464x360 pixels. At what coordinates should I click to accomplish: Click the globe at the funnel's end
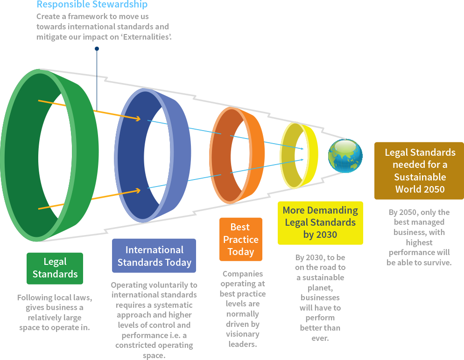pos(345,156)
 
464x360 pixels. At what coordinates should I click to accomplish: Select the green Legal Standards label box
pos(55,268)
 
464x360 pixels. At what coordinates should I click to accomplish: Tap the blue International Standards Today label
pos(154,256)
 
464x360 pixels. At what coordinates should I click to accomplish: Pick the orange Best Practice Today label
pos(240,239)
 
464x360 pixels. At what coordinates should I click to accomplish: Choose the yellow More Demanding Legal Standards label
pos(320,222)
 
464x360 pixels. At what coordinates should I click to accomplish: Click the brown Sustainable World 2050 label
pos(418,171)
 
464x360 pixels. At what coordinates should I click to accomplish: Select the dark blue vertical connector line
pos(97,77)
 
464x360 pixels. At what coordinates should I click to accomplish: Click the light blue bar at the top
pos(92,5)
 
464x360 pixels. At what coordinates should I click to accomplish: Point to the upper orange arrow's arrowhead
pos(137,119)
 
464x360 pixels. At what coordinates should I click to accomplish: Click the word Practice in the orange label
pos(240,239)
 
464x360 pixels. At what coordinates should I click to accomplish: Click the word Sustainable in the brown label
pos(420,177)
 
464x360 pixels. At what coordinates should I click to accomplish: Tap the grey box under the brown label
pos(419,237)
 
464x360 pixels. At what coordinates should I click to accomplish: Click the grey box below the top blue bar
pos(104,27)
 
